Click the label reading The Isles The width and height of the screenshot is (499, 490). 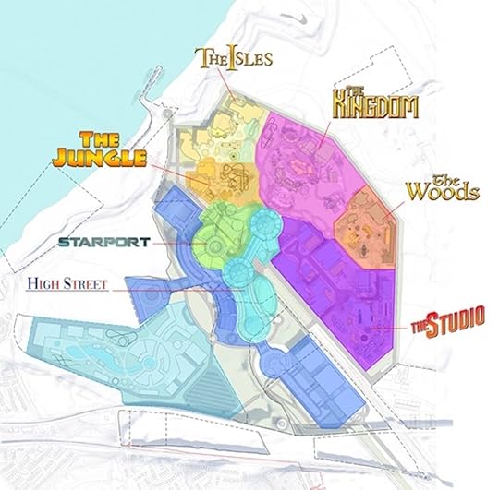(234, 58)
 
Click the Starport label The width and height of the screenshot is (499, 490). (98, 242)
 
